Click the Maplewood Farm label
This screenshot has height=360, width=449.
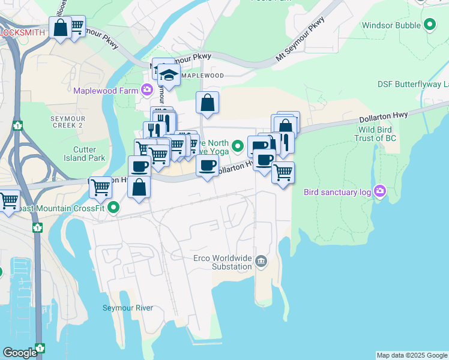tap(106, 91)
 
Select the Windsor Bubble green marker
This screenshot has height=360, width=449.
tap(429, 25)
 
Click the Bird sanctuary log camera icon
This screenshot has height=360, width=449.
tap(379, 192)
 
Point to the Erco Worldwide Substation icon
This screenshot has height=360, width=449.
tap(261, 260)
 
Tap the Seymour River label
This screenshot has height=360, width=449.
tap(127, 308)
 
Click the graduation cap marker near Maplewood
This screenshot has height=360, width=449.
tap(169, 75)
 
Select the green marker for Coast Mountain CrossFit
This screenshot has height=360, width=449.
tap(112, 208)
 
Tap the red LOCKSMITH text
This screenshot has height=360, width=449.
tap(23, 32)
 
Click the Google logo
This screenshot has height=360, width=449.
tap(20, 353)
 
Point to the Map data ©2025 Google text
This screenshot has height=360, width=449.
tap(412, 355)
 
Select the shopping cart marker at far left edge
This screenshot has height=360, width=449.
tap(8, 202)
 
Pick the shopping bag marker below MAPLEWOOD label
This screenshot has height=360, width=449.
tap(207, 103)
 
